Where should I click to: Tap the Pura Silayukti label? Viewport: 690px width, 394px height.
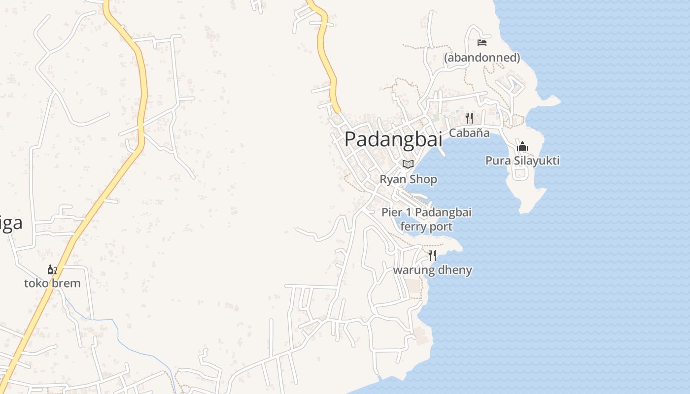[x=522, y=161]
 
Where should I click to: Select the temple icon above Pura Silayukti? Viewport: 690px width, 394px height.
[x=522, y=147]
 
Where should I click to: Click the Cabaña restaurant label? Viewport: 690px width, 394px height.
[x=469, y=132]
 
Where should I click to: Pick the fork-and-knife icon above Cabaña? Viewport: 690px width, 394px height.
[x=469, y=118]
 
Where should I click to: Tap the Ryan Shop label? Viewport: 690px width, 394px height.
[x=408, y=179]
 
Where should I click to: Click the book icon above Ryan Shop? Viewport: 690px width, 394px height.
[x=408, y=164]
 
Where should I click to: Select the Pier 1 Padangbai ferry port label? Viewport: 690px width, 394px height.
[x=426, y=219]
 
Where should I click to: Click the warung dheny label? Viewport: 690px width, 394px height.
[x=432, y=270]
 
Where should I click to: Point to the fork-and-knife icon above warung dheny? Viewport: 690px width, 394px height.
[x=432, y=255]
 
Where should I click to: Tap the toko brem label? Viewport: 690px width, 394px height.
[x=52, y=283]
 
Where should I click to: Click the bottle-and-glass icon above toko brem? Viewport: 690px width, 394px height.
[x=52, y=270]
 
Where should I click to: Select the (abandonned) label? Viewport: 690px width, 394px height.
[x=482, y=58]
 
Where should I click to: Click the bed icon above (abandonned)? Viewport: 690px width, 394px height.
[x=482, y=43]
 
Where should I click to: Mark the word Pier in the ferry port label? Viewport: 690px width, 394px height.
[x=392, y=212]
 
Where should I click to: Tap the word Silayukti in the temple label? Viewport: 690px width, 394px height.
[x=536, y=161]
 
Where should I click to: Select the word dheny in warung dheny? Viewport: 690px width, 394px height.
[x=454, y=270]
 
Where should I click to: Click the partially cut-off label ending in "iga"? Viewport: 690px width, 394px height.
[x=11, y=223]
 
